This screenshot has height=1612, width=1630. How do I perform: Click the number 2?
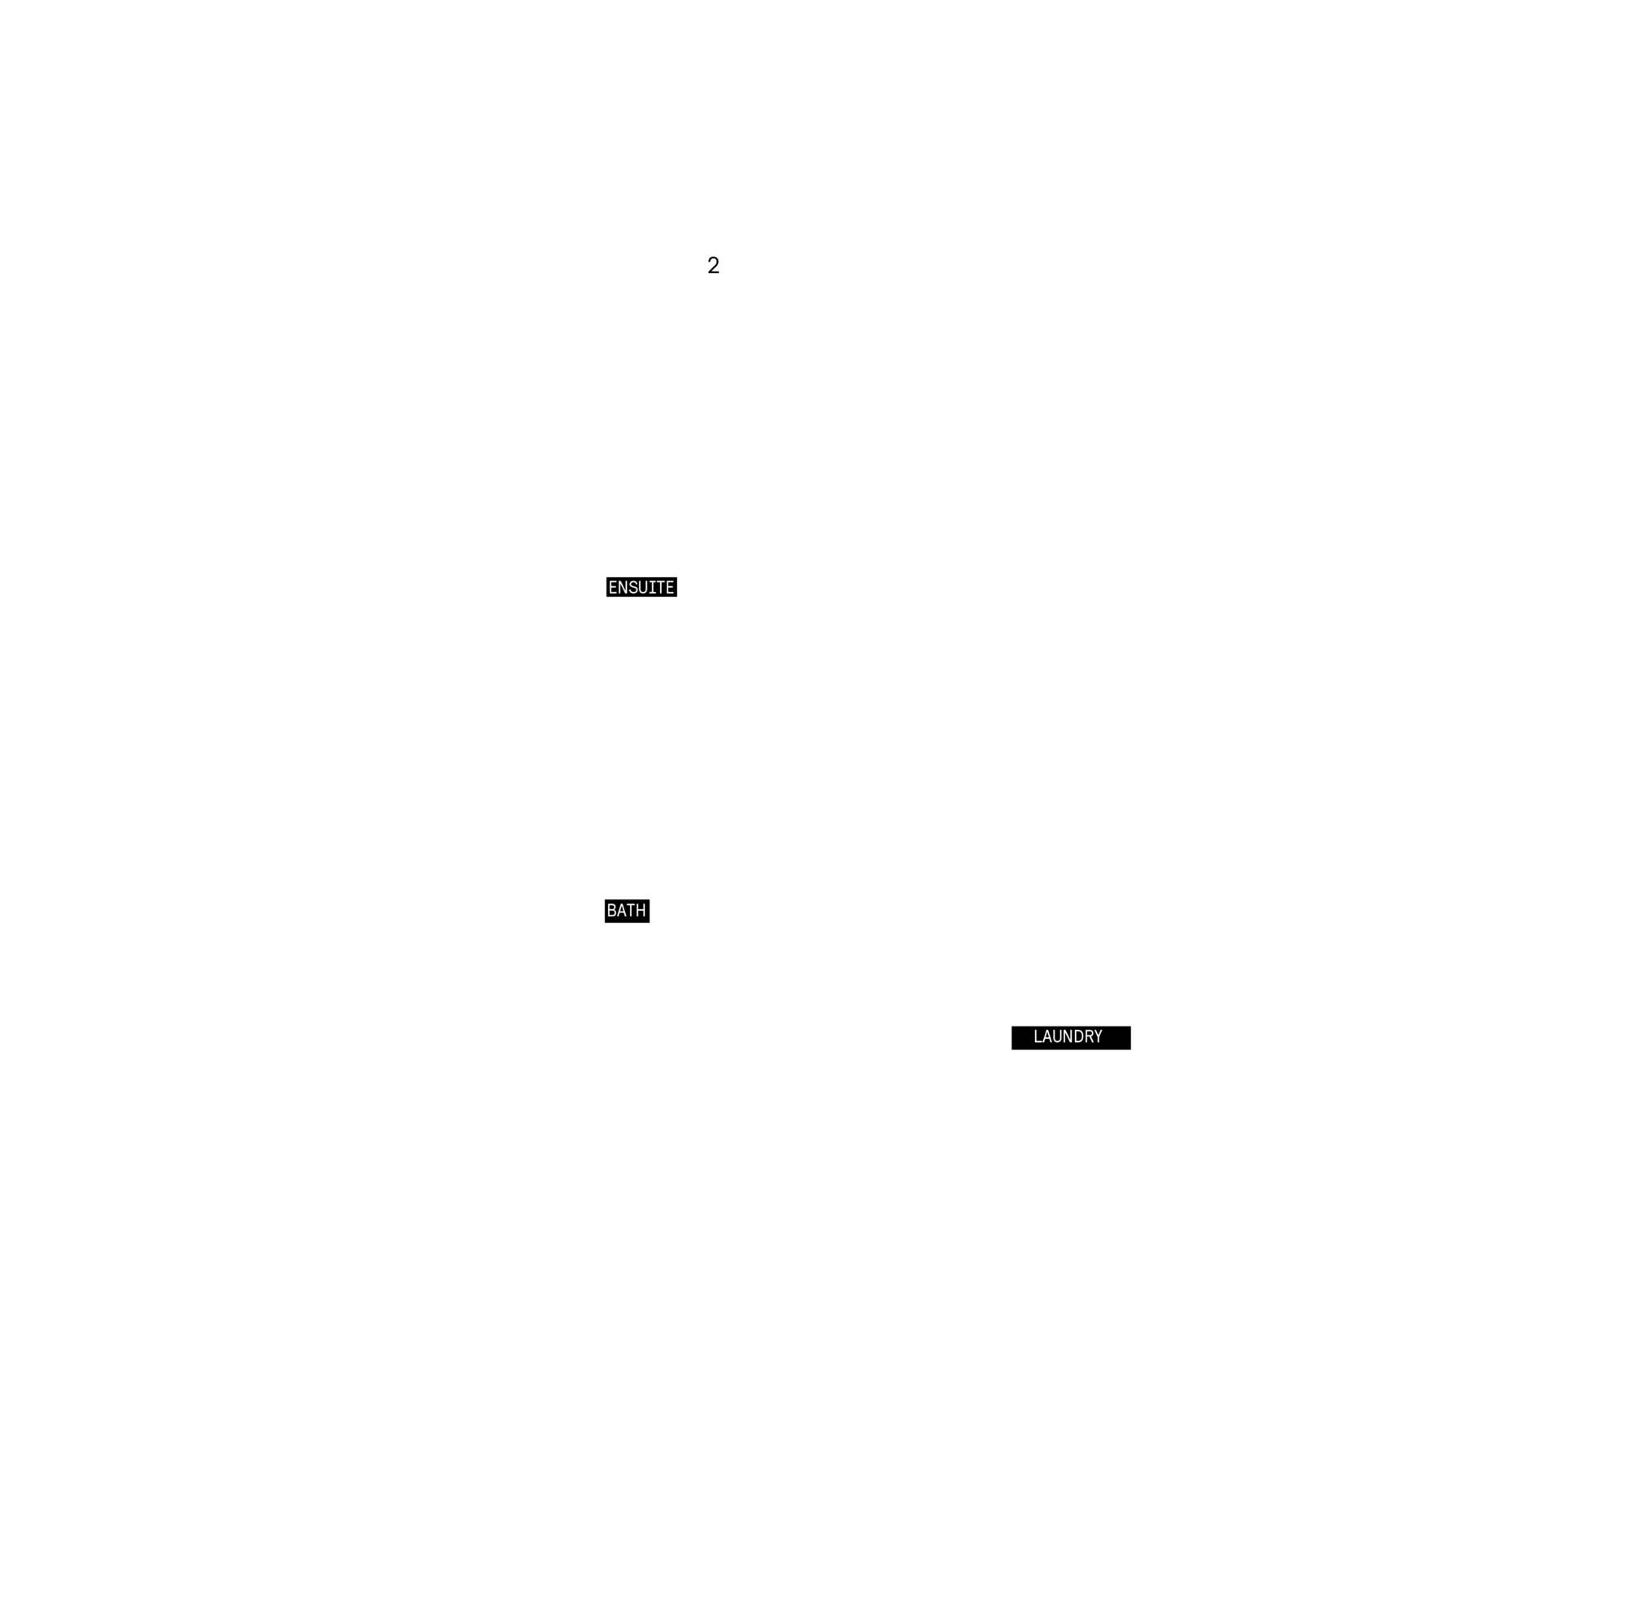[713, 265]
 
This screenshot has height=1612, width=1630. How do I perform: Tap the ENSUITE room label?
[641, 587]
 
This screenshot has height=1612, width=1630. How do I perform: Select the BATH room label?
[626, 911]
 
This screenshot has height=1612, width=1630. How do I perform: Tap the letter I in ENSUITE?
[654, 587]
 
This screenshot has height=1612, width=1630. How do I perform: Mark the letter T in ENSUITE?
[662, 587]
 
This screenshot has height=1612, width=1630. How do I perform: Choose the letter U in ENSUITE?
[646, 587]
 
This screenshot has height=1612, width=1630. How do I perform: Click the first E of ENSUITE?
[614, 587]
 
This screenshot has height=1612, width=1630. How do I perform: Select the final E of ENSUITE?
[671, 587]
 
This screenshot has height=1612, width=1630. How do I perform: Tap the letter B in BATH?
[612, 911]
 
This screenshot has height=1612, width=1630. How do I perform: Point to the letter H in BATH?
[641, 911]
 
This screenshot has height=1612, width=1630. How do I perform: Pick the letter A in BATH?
[622, 911]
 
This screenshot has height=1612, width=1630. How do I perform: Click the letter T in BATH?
[631, 911]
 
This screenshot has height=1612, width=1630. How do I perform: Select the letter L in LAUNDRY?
[1037, 1036]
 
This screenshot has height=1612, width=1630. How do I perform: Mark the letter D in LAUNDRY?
[1077, 1036]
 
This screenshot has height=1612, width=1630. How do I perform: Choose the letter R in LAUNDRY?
[1087, 1036]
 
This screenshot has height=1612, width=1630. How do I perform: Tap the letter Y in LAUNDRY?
[1098, 1036]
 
